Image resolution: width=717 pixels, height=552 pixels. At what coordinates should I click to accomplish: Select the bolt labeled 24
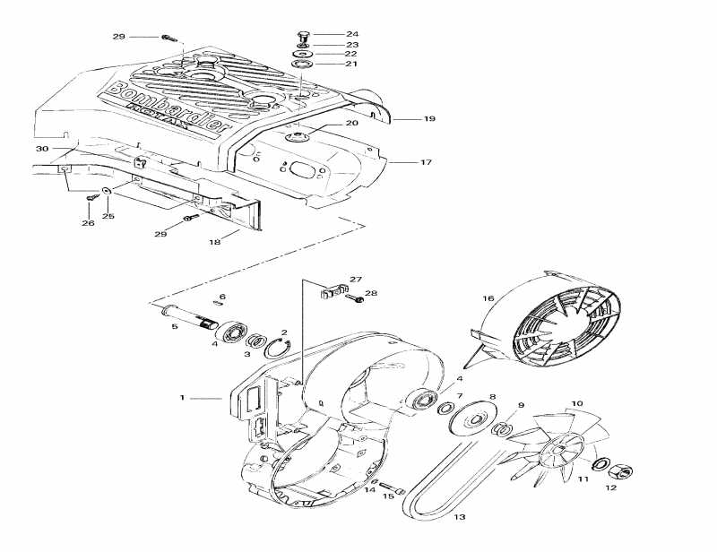tap(302, 35)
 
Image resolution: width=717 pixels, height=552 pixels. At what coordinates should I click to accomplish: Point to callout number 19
tap(429, 118)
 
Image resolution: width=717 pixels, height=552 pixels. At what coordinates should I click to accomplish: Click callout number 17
tap(426, 162)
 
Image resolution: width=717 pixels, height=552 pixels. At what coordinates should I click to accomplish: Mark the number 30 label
tap(41, 148)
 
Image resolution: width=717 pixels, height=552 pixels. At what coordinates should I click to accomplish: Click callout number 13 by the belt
tap(460, 518)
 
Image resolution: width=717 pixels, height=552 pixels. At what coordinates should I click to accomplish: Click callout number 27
tap(355, 279)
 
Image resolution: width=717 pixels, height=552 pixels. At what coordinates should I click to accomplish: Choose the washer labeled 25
tap(107, 193)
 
